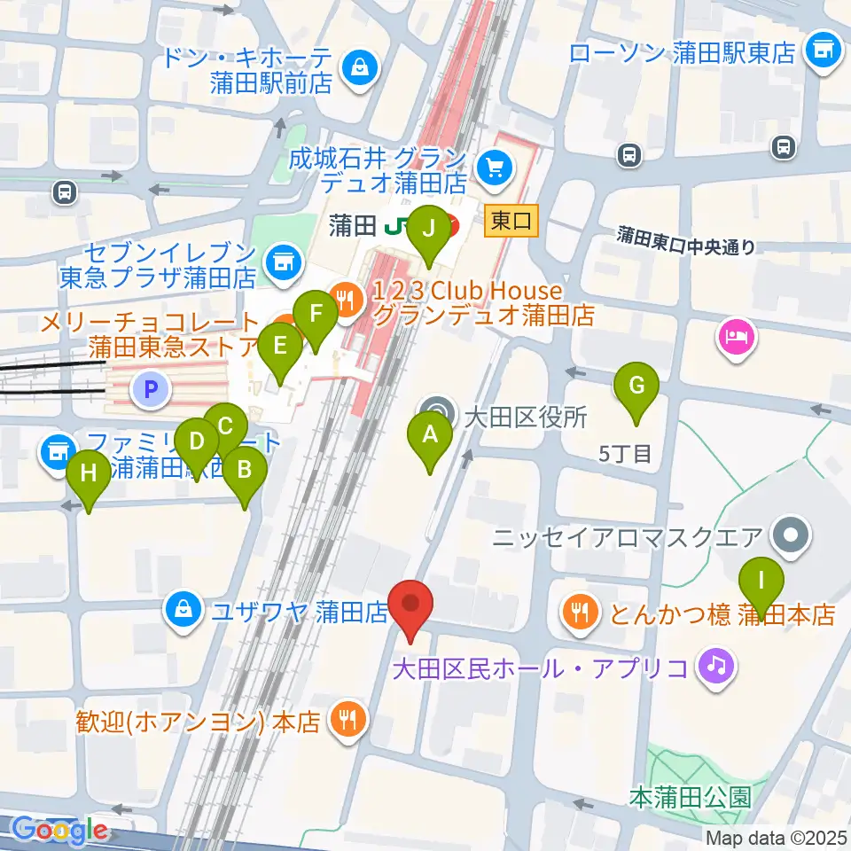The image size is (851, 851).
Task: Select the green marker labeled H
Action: click(x=89, y=472)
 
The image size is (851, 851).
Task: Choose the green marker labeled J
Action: click(x=429, y=229)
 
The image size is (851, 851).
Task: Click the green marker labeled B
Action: click(x=244, y=469)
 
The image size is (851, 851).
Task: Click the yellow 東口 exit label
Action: click(x=512, y=221)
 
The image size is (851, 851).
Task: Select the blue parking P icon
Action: click(x=151, y=387)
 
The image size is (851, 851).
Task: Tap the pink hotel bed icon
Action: click(x=738, y=337)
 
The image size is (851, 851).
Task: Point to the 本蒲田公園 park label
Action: click(x=691, y=796)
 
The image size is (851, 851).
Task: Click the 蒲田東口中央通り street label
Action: click(x=687, y=240)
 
